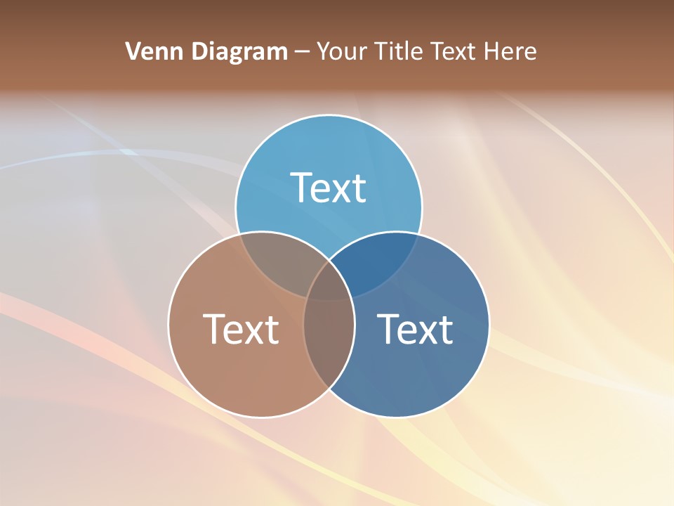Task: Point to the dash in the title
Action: point(303,52)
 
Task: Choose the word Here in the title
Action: point(513,51)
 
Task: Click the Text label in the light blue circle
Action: point(329,188)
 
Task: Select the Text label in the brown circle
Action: point(241,329)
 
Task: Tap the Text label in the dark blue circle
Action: point(415,329)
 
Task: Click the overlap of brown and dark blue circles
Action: point(329,344)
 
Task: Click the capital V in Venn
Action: point(133,51)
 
